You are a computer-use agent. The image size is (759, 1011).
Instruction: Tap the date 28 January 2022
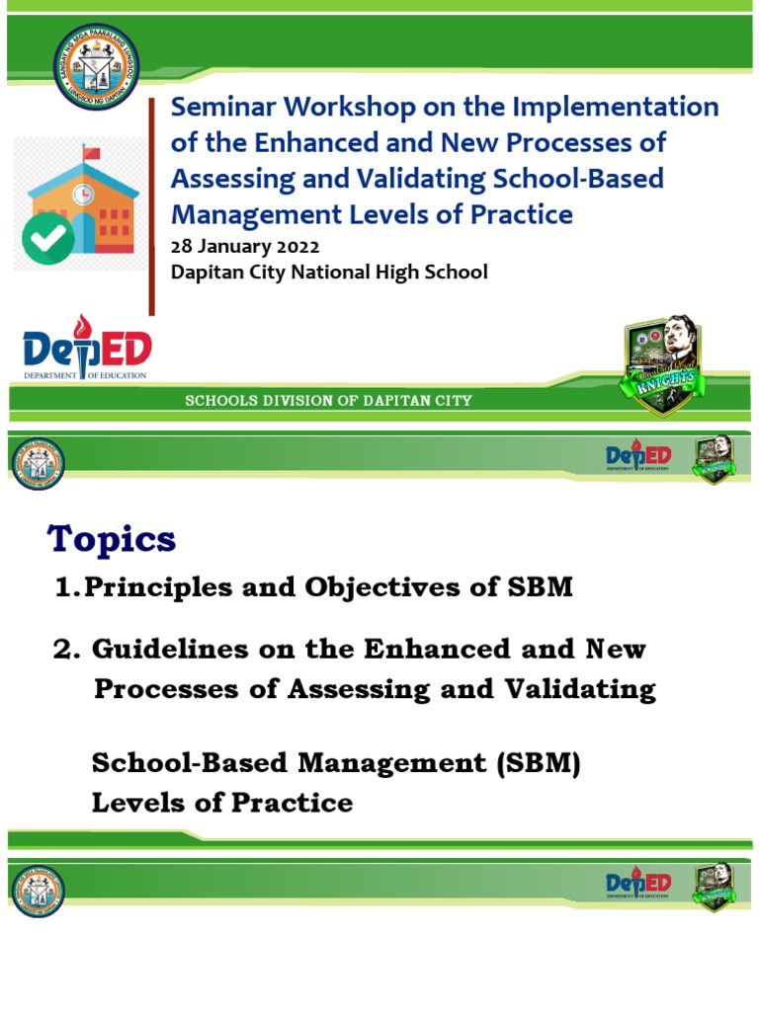245,246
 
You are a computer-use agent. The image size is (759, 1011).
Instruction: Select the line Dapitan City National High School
329,272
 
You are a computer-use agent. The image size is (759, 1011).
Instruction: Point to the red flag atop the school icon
92,154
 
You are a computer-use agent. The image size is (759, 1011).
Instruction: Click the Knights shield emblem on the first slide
664,364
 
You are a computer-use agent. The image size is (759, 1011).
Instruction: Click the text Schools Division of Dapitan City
329,401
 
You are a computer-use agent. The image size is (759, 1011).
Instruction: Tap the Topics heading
112,539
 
